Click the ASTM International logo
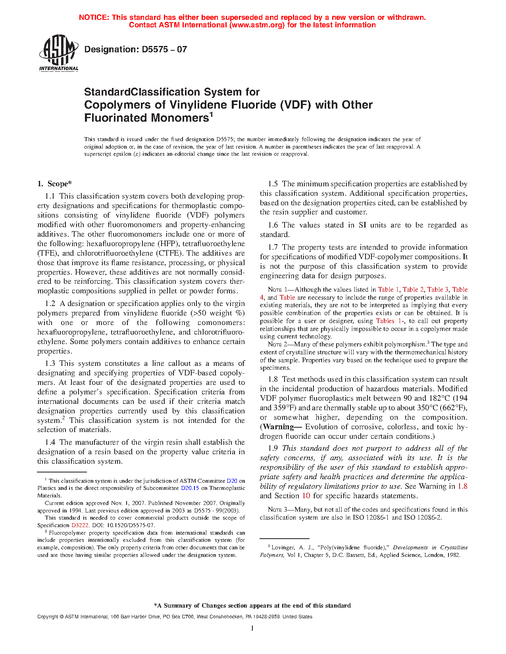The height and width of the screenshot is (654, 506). point(58,53)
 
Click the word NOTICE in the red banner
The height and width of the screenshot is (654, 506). point(93,17)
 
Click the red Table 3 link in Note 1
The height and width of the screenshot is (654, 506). point(438,290)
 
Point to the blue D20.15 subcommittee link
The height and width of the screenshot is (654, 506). point(190,488)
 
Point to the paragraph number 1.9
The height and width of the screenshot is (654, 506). point(273,448)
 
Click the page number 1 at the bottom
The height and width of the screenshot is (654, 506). point(252,628)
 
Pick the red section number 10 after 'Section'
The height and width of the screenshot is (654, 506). point(306,496)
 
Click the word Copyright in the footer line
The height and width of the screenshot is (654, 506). point(47,617)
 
